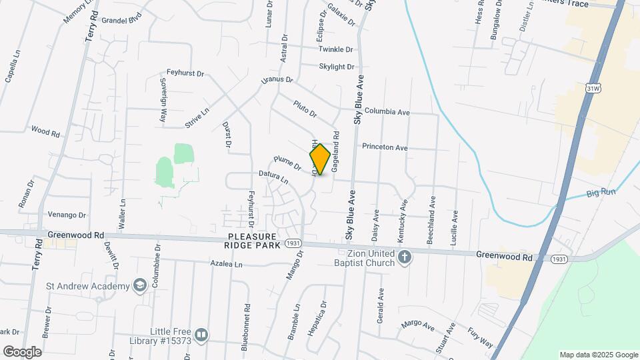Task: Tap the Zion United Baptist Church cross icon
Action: click(404, 257)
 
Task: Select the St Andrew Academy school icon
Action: click(139, 286)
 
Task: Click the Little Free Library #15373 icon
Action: click(201, 335)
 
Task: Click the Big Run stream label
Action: click(601, 192)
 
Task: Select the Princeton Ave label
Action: click(385, 147)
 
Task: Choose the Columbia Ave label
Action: click(387, 112)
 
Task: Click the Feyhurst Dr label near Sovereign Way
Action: click(185, 73)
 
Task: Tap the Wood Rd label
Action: click(45, 131)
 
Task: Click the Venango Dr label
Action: click(67, 215)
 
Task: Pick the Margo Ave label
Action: click(417, 325)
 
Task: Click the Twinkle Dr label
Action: click(335, 49)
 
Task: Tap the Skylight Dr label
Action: click(337, 67)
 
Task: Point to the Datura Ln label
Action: click(274, 177)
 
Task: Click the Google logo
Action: click(22, 351)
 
